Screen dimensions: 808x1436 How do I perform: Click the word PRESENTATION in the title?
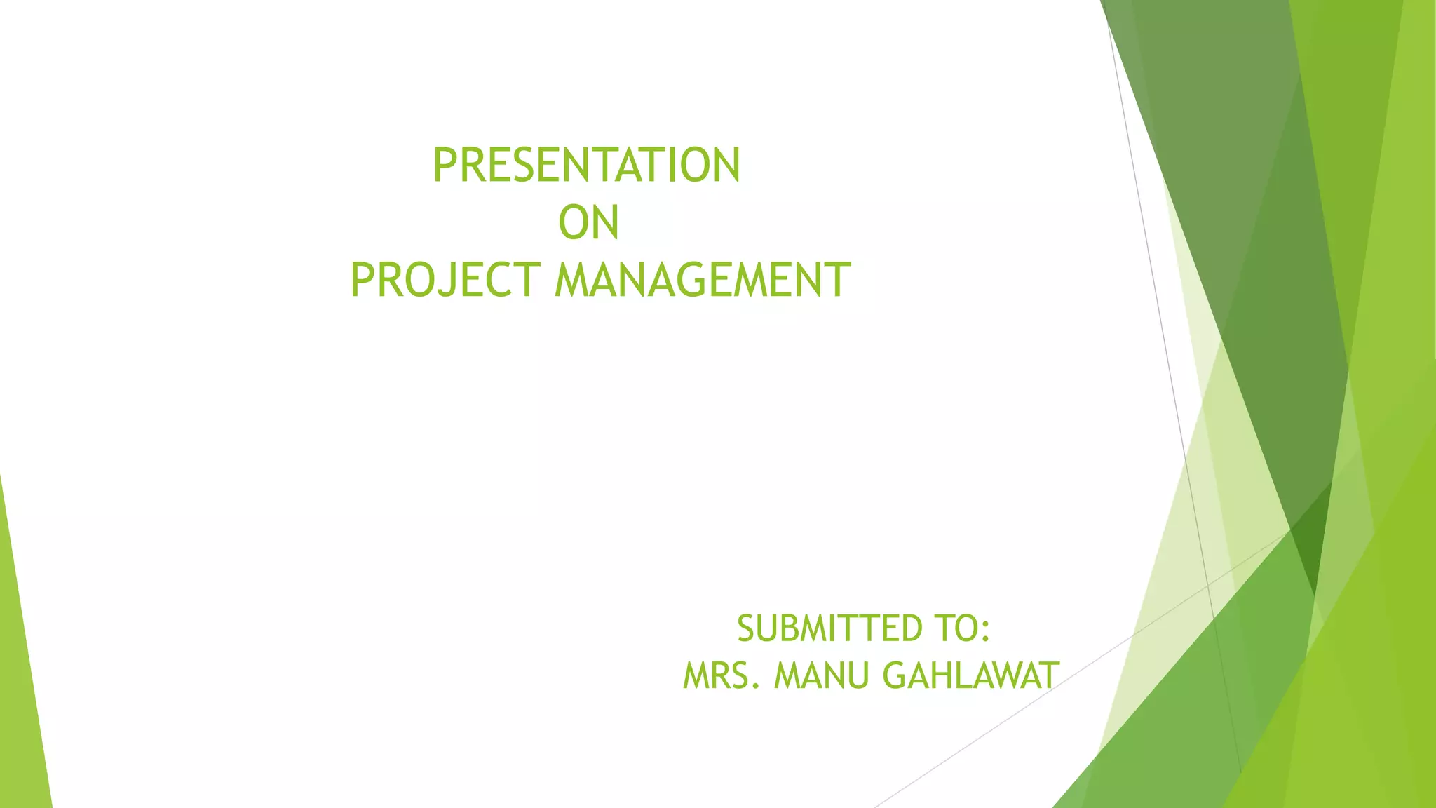(586, 166)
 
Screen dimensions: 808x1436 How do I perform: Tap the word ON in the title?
(588, 223)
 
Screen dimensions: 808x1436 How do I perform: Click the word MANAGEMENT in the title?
(703, 280)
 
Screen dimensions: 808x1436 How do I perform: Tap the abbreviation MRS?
(722, 676)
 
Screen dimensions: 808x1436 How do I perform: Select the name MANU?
(822, 676)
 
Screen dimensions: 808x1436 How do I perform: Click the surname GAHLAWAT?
(970, 676)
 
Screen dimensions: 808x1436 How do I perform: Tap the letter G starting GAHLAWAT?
(895, 676)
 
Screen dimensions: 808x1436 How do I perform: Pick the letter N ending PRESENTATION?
(726, 166)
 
